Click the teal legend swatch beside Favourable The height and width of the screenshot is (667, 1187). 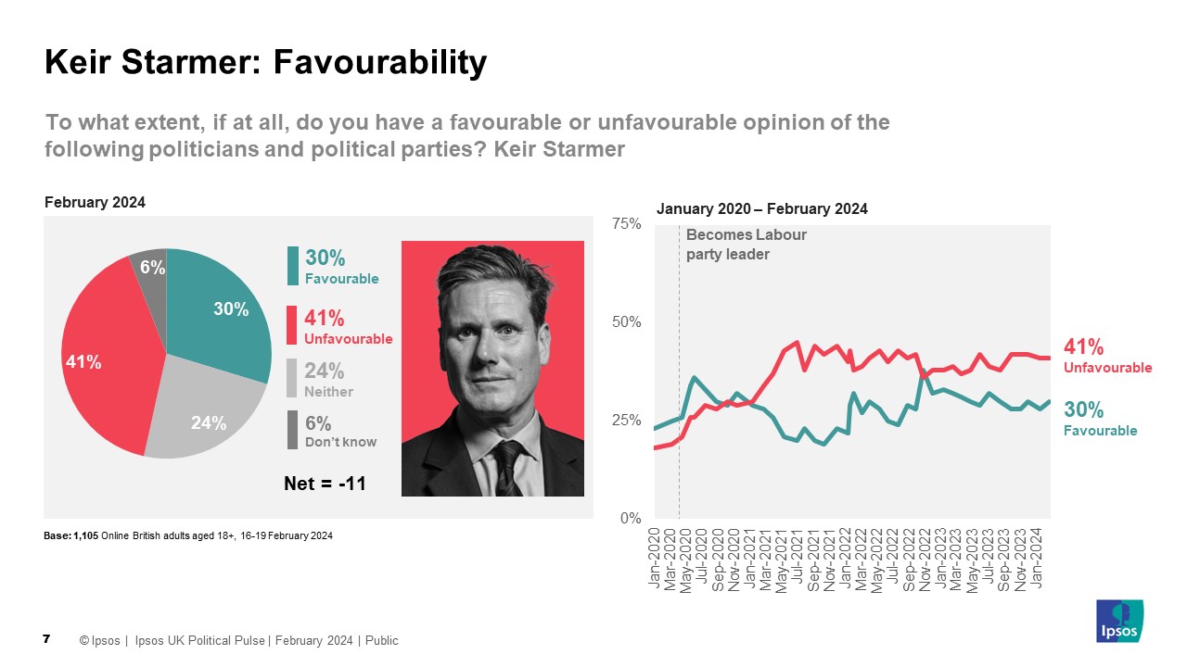pos(293,266)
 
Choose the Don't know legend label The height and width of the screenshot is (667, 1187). pos(340,442)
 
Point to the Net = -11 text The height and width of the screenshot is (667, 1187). pos(325,483)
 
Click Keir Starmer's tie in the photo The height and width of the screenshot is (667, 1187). pos(509,468)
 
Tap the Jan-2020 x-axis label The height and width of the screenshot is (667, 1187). pos(655,556)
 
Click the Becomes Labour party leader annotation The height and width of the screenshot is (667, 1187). pos(746,245)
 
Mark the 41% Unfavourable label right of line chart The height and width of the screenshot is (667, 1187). pos(1107,357)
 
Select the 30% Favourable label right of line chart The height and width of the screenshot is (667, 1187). pos(1100,419)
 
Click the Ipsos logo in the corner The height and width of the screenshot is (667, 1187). pos(1120,621)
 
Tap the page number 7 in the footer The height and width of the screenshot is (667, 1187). pos(46,639)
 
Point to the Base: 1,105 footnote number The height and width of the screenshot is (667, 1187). pos(84,536)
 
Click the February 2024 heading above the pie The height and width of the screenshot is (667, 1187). pos(95,203)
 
